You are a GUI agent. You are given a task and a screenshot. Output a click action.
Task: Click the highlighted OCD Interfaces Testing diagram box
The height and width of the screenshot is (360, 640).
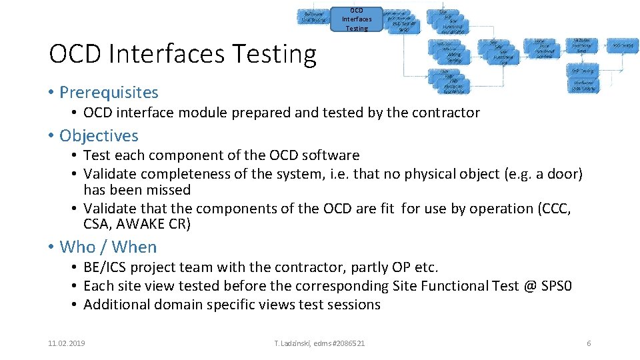357,19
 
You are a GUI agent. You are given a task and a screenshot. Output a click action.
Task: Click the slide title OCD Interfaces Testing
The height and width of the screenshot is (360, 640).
183,54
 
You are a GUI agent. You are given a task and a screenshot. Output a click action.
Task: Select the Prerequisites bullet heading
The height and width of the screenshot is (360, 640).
109,92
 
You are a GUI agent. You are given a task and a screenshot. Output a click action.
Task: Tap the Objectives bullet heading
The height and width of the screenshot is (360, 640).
99,135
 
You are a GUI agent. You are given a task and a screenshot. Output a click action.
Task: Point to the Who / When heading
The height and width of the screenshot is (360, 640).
108,247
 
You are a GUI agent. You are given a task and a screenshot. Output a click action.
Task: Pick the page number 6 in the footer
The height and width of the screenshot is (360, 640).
589,343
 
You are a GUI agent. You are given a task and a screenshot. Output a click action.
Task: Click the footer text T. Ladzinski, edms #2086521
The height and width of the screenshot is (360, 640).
320,343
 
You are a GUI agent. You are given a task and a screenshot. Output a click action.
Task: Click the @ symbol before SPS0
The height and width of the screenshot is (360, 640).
531,286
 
